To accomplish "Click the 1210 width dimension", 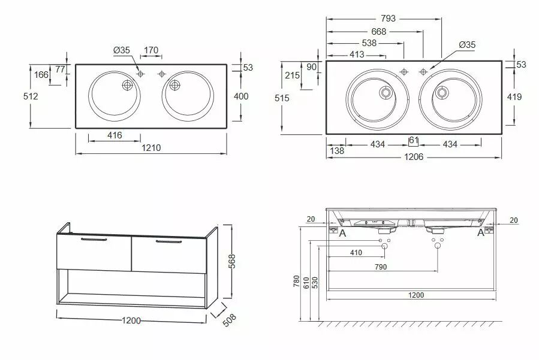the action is pos(151,148).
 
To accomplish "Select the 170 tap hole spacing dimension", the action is pos(151,50).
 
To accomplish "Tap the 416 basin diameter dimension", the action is pos(115,135).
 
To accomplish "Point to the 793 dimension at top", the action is pos(388,18).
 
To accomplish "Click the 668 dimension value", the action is pos(378,32).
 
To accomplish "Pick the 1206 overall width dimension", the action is pos(414,157).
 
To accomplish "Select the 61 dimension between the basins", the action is pos(414,141).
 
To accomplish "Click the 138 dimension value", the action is pos(337,150).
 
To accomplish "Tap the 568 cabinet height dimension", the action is pos(232,261).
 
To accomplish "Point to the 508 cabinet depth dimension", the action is pos(229,320).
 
